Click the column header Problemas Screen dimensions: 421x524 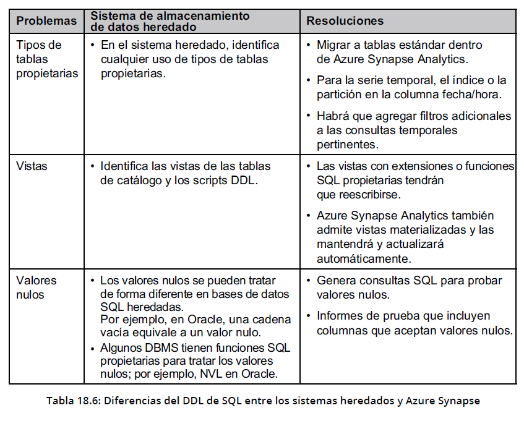[x=46, y=21]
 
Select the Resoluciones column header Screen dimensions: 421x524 [x=345, y=21]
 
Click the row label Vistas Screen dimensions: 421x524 [x=32, y=166]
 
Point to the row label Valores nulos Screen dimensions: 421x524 [x=36, y=287]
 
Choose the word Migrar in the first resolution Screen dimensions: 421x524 [x=335, y=45]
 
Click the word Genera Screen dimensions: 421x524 [x=337, y=281]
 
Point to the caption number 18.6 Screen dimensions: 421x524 [x=84, y=400]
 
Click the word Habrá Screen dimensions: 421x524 [x=333, y=116]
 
